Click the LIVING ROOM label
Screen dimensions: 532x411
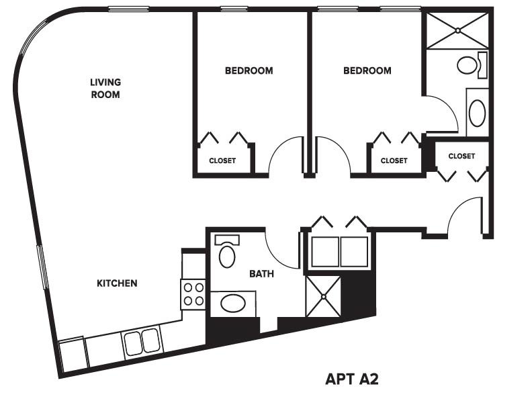(105, 88)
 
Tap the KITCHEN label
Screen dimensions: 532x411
(117, 283)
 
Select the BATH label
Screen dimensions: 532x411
(261, 273)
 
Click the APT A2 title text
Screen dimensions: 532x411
(352, 379)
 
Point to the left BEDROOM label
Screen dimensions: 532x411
(249, 71)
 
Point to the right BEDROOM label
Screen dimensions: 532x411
(367, 71)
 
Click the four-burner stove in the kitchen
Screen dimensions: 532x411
(193, 294)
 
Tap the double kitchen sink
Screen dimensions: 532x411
(142, 342)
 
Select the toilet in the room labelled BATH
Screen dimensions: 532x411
(227, 252)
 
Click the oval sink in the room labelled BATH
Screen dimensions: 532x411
(232, 304)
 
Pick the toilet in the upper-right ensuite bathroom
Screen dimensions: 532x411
(472, 64)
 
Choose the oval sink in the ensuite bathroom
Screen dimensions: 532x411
(477, 113)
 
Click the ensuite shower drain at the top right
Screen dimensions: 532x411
(457, 30)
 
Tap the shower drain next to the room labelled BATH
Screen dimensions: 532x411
(323, 296)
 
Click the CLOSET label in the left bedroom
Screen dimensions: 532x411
(222, 161)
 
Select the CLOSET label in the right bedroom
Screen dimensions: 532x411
(394, 161)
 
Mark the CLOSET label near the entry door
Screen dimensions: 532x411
(461, 156)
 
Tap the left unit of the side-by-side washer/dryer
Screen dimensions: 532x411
(325, 252)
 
